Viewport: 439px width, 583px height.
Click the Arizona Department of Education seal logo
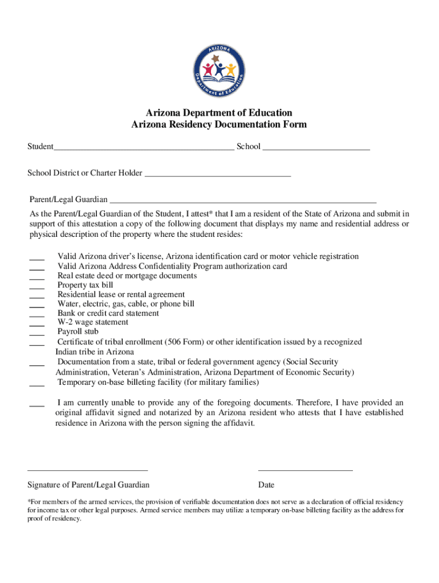click(219, 70)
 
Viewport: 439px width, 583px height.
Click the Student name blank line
click(144, 149)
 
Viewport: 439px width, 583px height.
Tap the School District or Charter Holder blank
click(218, 176)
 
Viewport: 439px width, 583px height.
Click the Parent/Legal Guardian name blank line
click(243, 202)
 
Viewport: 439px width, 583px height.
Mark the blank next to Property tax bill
click(37, 288)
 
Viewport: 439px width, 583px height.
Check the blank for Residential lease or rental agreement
click(37, 297)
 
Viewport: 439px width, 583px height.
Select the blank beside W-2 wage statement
click(37, 325)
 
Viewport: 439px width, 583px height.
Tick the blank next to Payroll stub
click(37, 334)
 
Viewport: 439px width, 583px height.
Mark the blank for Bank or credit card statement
click(37, 315)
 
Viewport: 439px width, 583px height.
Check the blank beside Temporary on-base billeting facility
click(37, 385)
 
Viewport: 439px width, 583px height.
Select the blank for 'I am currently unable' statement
click(37, 405)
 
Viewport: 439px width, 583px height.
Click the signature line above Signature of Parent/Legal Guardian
click(88, 470)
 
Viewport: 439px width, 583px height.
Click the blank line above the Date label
click(305, 470)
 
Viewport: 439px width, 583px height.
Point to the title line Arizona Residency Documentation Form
click(219, 125)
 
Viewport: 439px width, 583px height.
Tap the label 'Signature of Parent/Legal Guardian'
click(88, 485)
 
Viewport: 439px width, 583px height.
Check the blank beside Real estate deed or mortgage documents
click(37, 278)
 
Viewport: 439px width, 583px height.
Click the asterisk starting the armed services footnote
click(29, 502)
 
